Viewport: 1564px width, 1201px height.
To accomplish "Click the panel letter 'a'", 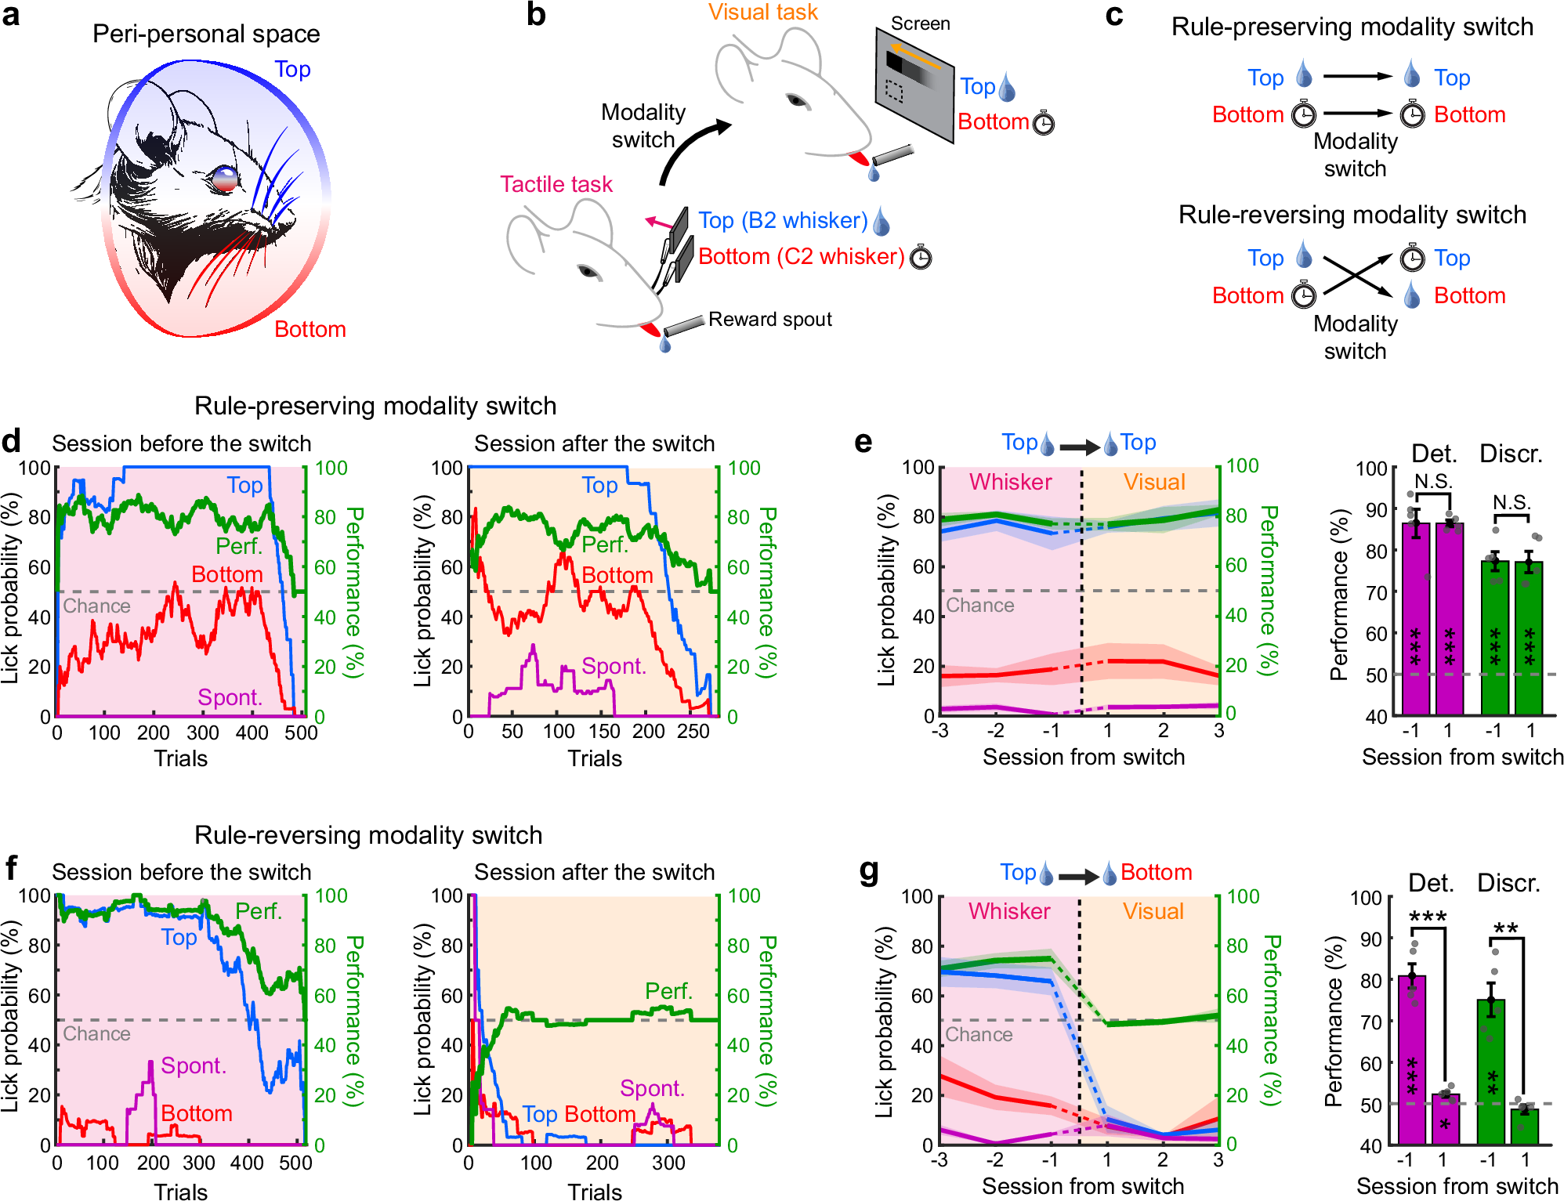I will (11, 15).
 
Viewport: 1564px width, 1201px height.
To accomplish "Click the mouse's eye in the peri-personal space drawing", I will (225, 178).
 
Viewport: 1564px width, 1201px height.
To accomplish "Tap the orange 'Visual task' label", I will (762, 13).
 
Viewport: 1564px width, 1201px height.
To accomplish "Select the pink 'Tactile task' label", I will (556, 184).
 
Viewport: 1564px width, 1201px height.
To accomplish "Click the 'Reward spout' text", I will (769, 319).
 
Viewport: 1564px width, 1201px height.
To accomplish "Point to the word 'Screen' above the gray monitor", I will (920, 24).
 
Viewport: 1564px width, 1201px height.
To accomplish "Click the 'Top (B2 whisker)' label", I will (782, 220).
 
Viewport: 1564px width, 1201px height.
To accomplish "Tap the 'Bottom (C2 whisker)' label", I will (801, 256).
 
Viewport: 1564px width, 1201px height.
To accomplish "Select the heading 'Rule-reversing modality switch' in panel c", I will (1352, 215).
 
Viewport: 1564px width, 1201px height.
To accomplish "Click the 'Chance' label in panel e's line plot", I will (979, 605).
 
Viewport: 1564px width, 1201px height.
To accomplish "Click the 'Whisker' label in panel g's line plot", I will (1008, 911).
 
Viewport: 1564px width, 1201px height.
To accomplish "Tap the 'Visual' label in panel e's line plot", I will (1153, 482).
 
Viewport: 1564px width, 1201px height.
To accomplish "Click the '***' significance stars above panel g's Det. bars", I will (1428, 917).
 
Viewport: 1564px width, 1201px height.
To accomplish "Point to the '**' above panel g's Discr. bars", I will (1505, 928).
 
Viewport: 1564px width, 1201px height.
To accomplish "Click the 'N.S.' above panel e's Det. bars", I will (1433, 482).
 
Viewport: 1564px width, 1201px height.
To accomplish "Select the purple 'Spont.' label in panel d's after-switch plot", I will (614, 666).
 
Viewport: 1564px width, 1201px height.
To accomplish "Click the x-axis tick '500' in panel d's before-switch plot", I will (301, 733).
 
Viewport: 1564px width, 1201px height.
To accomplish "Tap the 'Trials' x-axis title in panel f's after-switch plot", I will (594, 1192).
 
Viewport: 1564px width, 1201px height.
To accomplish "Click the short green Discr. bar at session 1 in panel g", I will (1524, 1126).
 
